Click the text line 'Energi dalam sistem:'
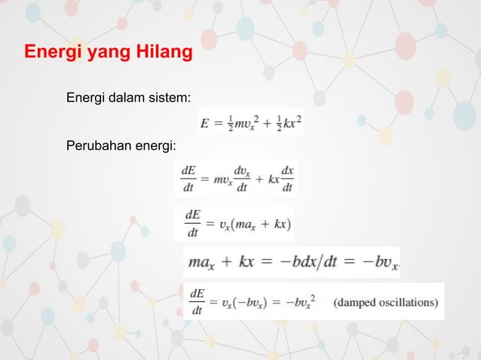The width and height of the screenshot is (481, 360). click(x=128, y=99)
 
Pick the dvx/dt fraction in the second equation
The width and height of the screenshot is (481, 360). click(x=243, y=179)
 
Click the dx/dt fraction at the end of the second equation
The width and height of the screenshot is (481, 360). click(x=287, y=179)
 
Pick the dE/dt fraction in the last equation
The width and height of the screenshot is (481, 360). click(x=198, y=303)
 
